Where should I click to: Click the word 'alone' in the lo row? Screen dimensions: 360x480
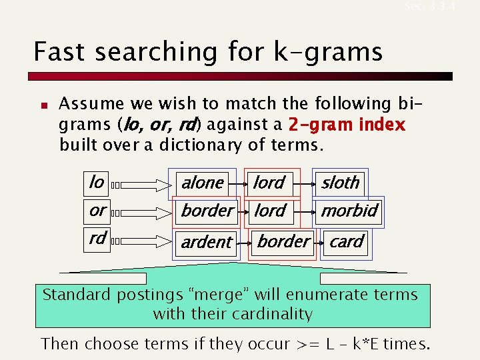(203, 183)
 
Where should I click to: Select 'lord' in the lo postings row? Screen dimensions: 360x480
(269, 183)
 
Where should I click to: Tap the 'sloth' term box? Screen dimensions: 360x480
(340, 183)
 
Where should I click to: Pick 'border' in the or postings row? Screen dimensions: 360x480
(207, 211)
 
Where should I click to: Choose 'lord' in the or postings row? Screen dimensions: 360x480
(270, 211)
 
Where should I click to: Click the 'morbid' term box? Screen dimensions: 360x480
(349, 211)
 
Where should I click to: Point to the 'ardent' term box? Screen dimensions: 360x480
(207, 242)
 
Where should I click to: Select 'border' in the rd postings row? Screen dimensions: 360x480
(283, 241)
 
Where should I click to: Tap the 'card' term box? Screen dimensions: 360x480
(347, 241)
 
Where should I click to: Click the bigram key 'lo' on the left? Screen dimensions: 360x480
(97, 182)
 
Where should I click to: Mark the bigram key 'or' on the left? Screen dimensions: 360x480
(97, 211)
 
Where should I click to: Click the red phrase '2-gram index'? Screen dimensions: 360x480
(347, 125)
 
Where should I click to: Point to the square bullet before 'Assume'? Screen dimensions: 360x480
(41, 105)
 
